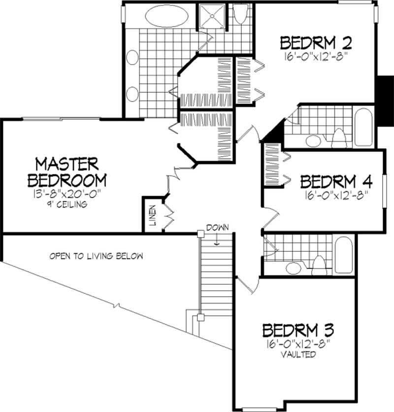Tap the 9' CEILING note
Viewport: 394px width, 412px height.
67,204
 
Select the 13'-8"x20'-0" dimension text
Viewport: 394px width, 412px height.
67,194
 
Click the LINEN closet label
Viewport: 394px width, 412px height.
153,214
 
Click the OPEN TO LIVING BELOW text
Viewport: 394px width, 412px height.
96,256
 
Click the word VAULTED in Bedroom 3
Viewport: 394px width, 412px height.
298,354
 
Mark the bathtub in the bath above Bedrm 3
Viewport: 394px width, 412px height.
343,254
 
